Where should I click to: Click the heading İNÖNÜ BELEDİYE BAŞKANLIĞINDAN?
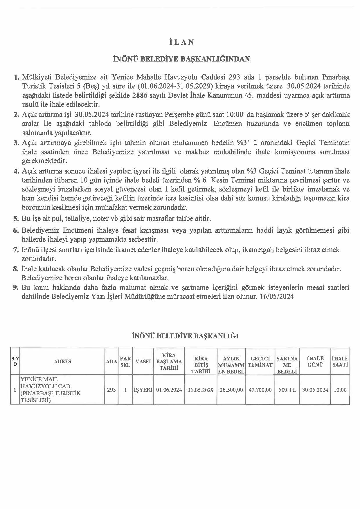[181, 59]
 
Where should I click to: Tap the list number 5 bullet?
[16, 218]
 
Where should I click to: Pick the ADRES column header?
[62, 361]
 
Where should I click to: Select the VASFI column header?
[143, 361]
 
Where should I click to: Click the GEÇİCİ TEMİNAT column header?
[260, 362]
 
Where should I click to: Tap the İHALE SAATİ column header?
[340, 362]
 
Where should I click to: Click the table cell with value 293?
[111, 390]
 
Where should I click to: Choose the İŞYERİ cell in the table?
[143, 390]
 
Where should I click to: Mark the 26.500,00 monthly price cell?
[231, 390]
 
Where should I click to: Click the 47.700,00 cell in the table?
[260, 390]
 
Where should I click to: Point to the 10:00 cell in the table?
[340, 390]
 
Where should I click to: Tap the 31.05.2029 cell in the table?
[200, 390]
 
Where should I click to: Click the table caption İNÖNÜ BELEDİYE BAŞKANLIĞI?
[185, 336]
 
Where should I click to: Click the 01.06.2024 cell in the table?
[169, 390]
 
